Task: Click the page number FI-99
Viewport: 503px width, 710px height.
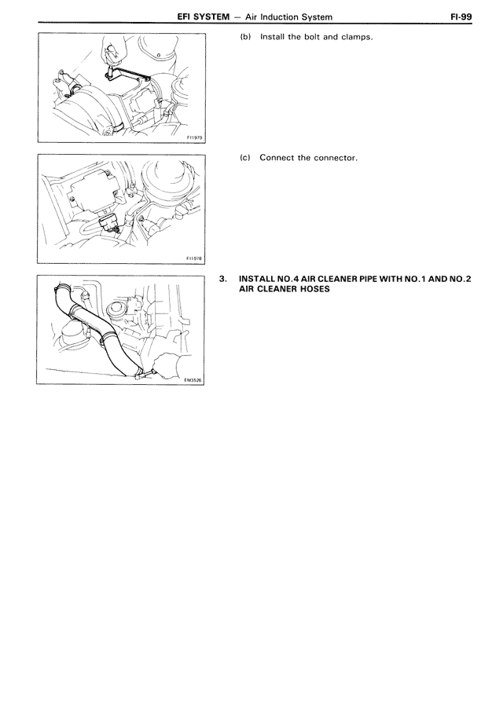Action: (461, 17)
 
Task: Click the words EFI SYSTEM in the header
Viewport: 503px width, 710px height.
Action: (204, 17)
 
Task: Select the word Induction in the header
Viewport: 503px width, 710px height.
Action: (280, 17)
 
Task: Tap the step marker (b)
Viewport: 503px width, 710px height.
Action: (245, 37)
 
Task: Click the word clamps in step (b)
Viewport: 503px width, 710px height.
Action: (357, 37)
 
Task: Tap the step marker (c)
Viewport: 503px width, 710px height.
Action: (245, 158)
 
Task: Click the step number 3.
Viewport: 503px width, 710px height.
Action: (222, 279)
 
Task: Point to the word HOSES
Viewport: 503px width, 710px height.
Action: (315, 289)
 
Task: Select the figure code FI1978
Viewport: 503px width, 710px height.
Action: (194, 258)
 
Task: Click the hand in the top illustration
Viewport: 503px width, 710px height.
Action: (113, 50)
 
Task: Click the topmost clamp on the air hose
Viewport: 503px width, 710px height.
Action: (62, 288)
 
